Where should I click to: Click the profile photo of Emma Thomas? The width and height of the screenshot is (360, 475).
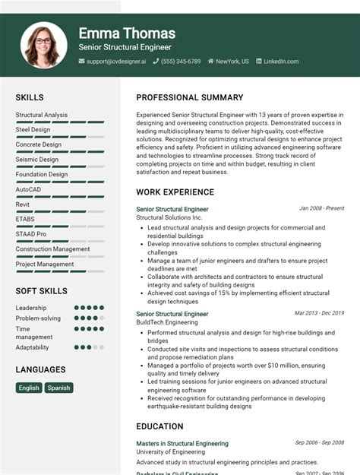point(44,45)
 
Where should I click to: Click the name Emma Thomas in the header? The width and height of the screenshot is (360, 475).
point(127,33)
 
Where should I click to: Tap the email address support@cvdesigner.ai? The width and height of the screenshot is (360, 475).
point(115,61)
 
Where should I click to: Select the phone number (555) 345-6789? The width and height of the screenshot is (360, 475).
point(181,61)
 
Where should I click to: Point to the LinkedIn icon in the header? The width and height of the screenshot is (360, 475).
point(258,61)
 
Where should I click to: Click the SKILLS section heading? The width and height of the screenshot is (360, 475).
point(30,98)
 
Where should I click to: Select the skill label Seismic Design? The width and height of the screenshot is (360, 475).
point(36,160)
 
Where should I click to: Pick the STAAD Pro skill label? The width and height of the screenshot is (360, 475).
point(31,234)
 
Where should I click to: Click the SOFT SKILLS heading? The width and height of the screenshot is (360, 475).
point(42,291)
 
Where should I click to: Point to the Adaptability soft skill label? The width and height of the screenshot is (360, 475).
point(32,347)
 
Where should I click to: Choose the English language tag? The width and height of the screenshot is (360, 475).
point(29,388)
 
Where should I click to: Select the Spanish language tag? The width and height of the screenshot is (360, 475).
point(58,388)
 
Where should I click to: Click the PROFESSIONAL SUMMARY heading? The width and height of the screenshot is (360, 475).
point(190,98)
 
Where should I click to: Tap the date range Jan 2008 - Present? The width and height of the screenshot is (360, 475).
point(321,208)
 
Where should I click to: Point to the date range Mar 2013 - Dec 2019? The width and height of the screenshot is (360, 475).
point(319,313)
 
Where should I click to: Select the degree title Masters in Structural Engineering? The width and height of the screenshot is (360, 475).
point(182,444)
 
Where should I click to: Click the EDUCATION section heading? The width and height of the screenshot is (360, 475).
point(159,427)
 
